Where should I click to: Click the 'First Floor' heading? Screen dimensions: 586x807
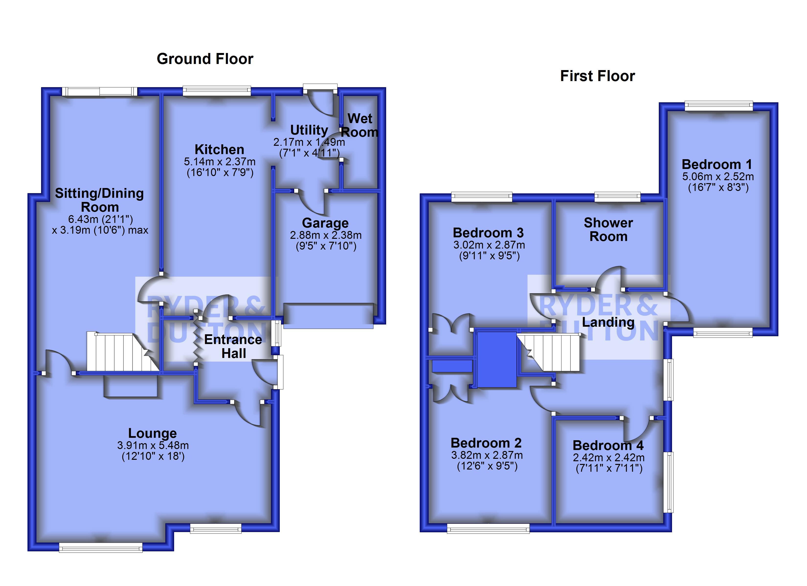[x=597, y=76]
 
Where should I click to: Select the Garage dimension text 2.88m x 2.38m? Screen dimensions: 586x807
[x=325, y=235]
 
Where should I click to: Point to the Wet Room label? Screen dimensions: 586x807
[x=360, y=125]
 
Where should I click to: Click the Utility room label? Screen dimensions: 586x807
[x=309, y=130]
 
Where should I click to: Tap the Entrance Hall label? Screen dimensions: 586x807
[x=233, y=346]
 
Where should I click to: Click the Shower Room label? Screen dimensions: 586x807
[x=608, y=230]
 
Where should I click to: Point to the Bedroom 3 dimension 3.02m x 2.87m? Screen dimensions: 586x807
[x=489, y=245]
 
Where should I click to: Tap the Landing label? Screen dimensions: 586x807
[x=608, y=322]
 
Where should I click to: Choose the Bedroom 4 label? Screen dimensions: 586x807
[x=608, y=445]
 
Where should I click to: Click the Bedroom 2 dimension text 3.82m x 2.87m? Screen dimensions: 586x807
[x=487, y=455]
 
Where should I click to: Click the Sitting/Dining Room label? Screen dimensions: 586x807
[x=99, y=200]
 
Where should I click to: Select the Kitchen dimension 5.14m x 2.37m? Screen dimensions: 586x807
[x=220, y=162]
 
